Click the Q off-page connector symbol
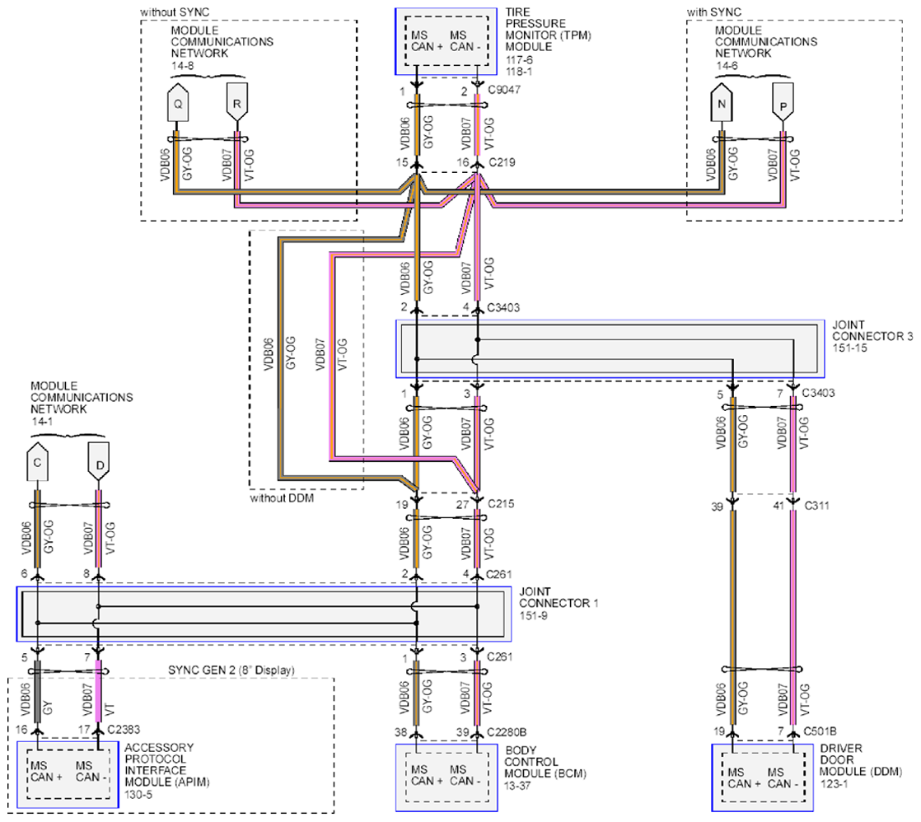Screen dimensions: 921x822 [x=178, y=102]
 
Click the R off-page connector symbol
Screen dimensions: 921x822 [x=236, y=102]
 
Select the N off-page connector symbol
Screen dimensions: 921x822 [x=722, y=102]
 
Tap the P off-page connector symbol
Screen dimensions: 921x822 [x=783, y=102]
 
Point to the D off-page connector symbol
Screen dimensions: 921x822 [x=99, y=461]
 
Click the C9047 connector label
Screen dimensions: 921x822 [x=504, y=90]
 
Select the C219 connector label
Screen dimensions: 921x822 [x=503, y=162]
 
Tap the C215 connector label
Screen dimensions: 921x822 [x=501, y=503]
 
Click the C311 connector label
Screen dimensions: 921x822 [x=817, y=505]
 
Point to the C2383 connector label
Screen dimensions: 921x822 [x=124, y=729]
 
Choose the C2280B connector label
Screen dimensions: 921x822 [x=507, y=732]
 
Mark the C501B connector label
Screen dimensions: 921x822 [x=820, y=731]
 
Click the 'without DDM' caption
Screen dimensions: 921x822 [x=282, y=498]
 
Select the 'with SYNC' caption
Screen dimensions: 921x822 [x=714, y=12]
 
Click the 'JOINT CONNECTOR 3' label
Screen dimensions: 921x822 [x=872, y=330]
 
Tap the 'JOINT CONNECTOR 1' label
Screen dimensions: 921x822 [x=559, y=597]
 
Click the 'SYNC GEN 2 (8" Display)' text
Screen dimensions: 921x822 [x=231, y=670]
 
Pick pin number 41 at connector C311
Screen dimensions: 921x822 [x=778, y=506]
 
